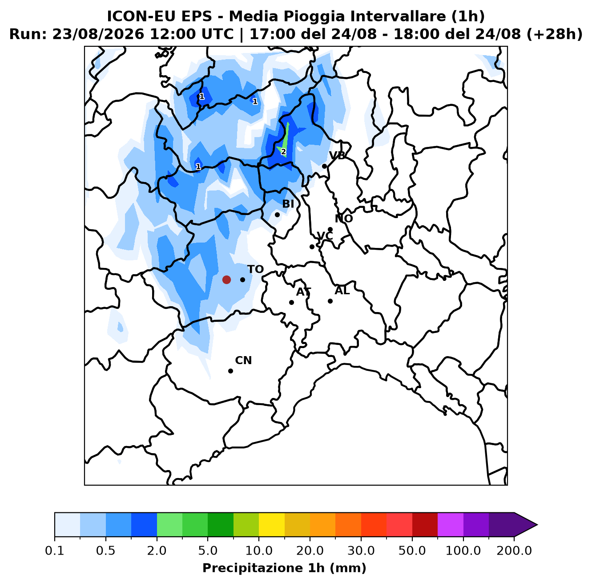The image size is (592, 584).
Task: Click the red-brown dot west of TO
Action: coord(226,280)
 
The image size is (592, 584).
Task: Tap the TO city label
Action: coord(256,269)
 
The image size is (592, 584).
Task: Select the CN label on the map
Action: coord(243,361)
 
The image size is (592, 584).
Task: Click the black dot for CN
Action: coord(230,371)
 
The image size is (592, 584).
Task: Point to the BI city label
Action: coord(288,204)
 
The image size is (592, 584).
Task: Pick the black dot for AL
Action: coord(330,301)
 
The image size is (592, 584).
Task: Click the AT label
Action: coord(303,292)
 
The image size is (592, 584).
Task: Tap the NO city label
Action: coord(344,219)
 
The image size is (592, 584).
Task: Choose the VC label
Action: coord(325,236)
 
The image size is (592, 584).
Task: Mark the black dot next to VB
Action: coord(324,166)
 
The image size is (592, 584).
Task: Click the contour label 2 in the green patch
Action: coord(283,152)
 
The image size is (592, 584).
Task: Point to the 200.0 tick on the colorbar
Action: coord(514,550)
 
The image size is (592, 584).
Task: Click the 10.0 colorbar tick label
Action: coord(259,550)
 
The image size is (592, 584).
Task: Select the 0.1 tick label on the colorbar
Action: coord(55,550)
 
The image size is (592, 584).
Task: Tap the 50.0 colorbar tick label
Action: coord(412,550)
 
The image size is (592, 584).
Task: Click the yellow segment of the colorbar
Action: coord(272,525)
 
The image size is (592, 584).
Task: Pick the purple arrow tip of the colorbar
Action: coord(537,525)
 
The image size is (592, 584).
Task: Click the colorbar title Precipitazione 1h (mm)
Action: coord(284,568)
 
